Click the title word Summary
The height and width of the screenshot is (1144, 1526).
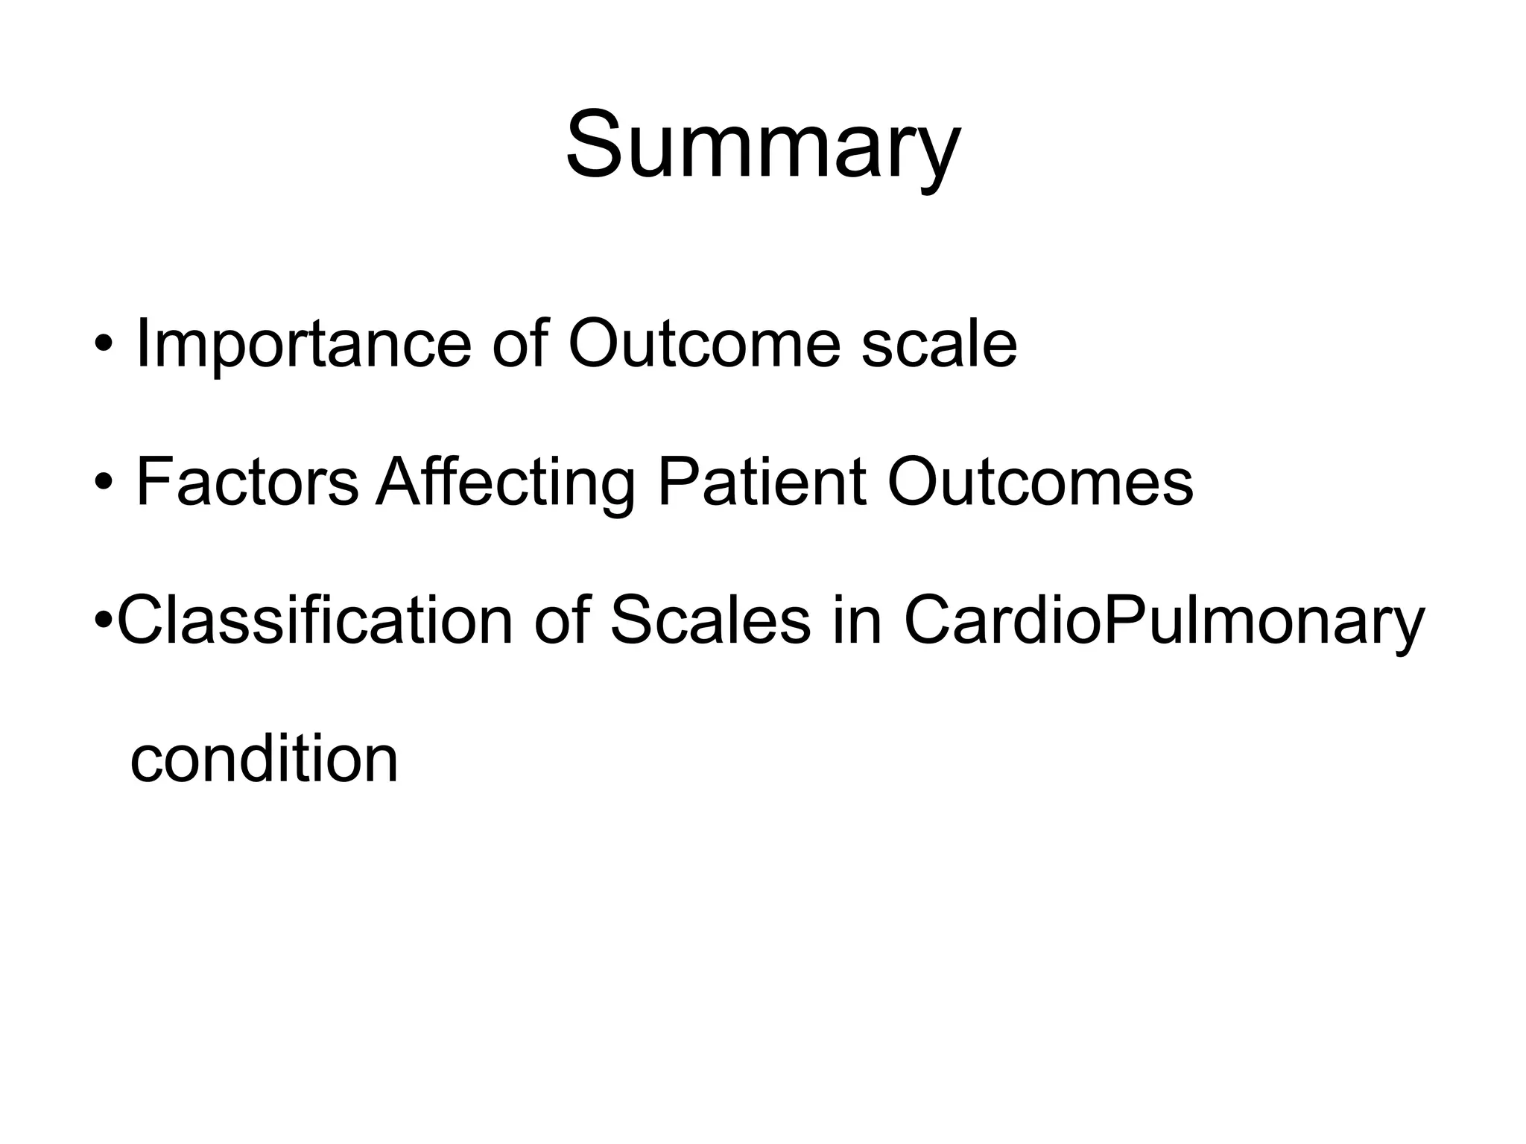(x=762, y=146)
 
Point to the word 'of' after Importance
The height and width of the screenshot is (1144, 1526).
(x=519, y=344)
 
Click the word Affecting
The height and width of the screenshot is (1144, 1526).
(x=505, y=484)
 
